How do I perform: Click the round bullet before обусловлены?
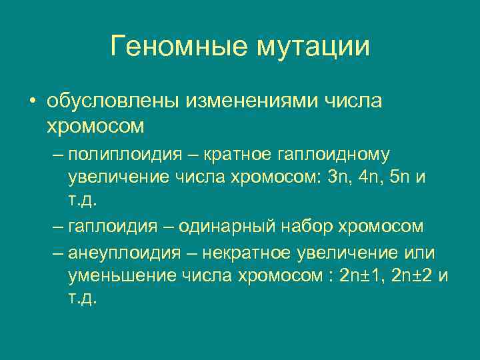click(x=32, y=103)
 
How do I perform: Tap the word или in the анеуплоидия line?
click(x=420, y=253)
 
